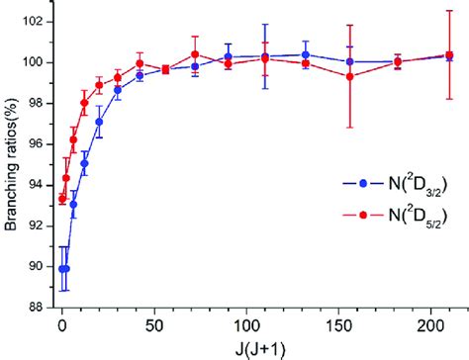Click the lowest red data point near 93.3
pyautogui.click(x=62, y=199)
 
